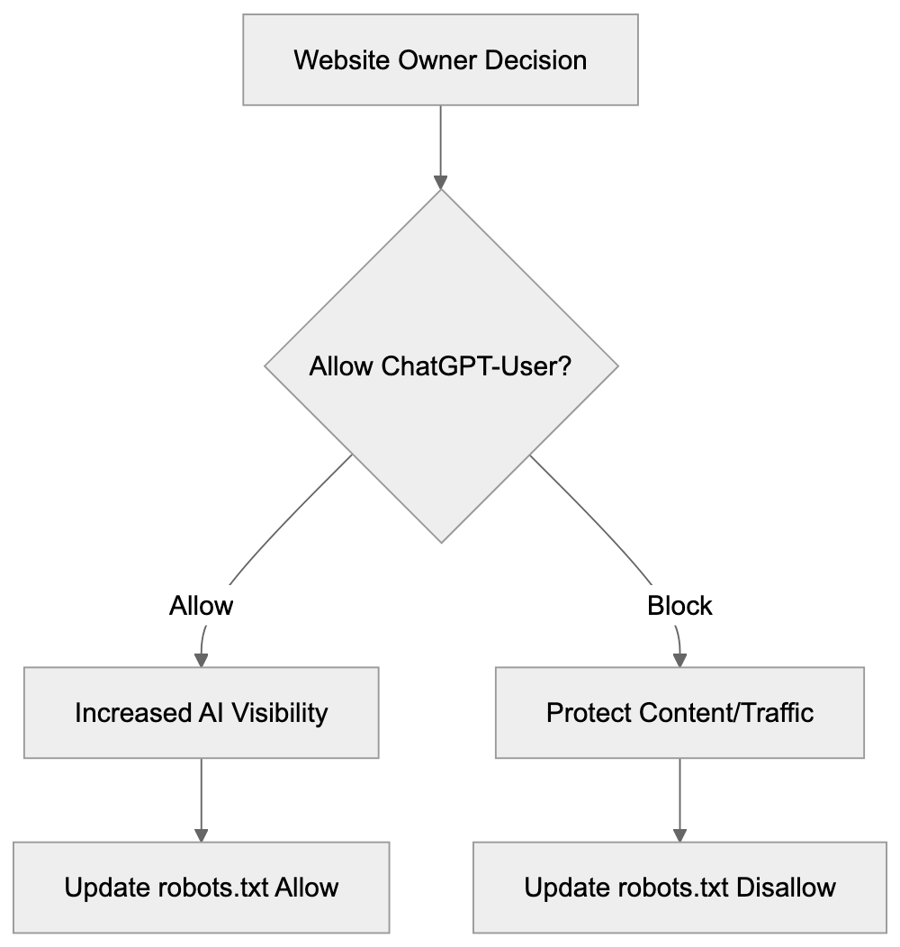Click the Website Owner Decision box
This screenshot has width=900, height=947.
(x=440, y=60)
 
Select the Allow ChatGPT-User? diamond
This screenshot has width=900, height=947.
(x=440, y=367)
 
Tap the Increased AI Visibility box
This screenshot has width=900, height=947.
(x=201, y=713)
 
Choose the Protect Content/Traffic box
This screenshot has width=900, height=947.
(x=679, y=713)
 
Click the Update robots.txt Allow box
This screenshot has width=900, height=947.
(x=201, y=888)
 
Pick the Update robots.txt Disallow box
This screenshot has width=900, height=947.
(x=679, y=888)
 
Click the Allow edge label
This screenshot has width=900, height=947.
(x=201, y=606)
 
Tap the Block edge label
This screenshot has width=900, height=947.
(x=679, y=606)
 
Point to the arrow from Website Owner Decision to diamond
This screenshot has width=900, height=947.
(x=440, y=144)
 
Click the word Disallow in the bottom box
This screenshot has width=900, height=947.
(x=786, y=888)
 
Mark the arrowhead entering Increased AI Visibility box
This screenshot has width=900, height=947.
(x=201, y=659)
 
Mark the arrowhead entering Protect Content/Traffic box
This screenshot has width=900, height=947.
(x=679, y=659)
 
